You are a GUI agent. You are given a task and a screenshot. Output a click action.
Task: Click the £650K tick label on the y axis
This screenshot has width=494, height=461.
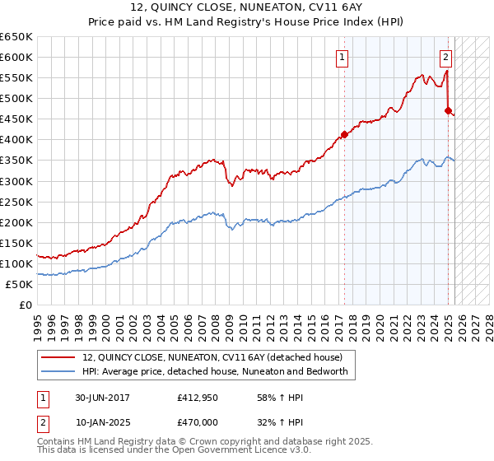tap(16, 37)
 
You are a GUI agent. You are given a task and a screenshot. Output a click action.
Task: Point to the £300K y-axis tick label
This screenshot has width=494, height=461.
tap(16, 181)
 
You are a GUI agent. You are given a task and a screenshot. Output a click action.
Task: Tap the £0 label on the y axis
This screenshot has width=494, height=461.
tap(26, 305)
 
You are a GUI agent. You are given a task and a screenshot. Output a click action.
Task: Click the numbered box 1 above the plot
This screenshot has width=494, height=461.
tap(341, 58)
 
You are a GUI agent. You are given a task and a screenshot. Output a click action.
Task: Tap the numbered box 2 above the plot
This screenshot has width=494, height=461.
tap(445, 58)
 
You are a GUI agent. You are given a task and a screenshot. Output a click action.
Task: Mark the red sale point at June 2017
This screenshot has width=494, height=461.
tap(344, 135)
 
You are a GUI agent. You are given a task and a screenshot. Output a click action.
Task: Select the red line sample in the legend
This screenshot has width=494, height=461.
tap(58, 357)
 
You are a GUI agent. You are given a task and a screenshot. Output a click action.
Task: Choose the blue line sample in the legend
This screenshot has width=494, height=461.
tap(58, 371)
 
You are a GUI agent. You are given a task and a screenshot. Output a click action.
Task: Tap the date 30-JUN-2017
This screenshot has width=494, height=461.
tap(103, 398)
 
